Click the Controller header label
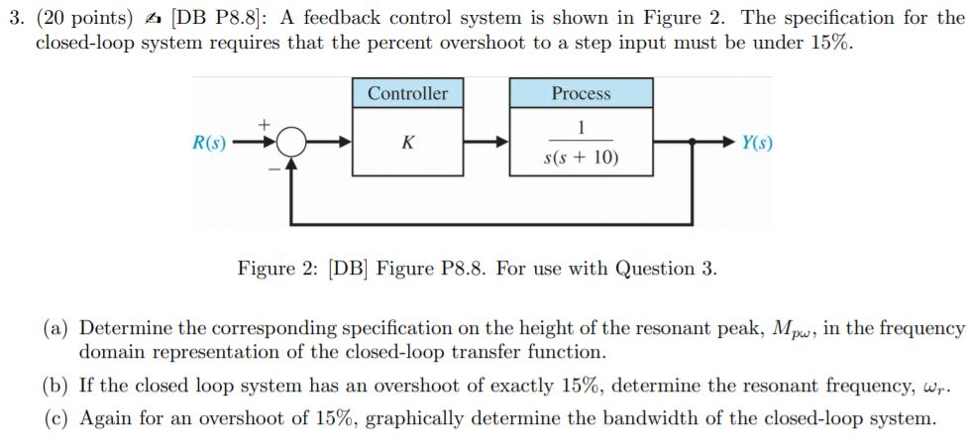tap(407, 93)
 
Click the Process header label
tap(581, 93)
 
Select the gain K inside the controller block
tap(407, 143)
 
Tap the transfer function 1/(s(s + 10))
tap(581, 143)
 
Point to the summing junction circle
tap(290, 143)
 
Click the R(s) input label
tap(208, 143)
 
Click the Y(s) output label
tap(757, 143)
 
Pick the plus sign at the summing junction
tap(264, 125)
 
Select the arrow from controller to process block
tap(485, 143)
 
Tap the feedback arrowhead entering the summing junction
tap(290, 165)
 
